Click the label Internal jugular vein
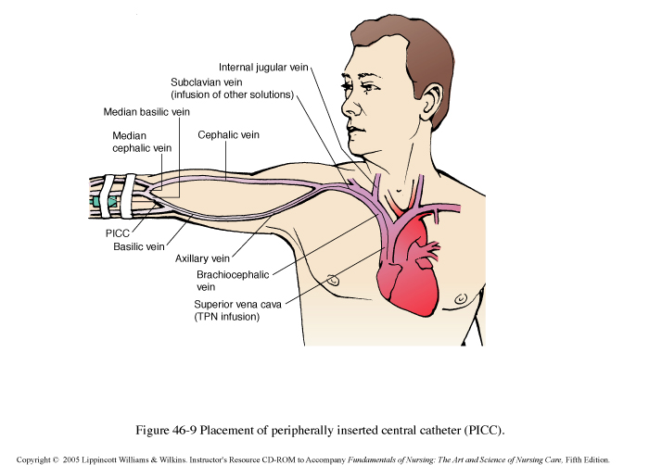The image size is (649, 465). (264, 68)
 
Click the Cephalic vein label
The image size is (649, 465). (228, 134)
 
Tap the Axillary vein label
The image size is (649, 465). (203, 259)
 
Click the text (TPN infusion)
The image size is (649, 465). (226, 317)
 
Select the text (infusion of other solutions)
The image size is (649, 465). (232, 94)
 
